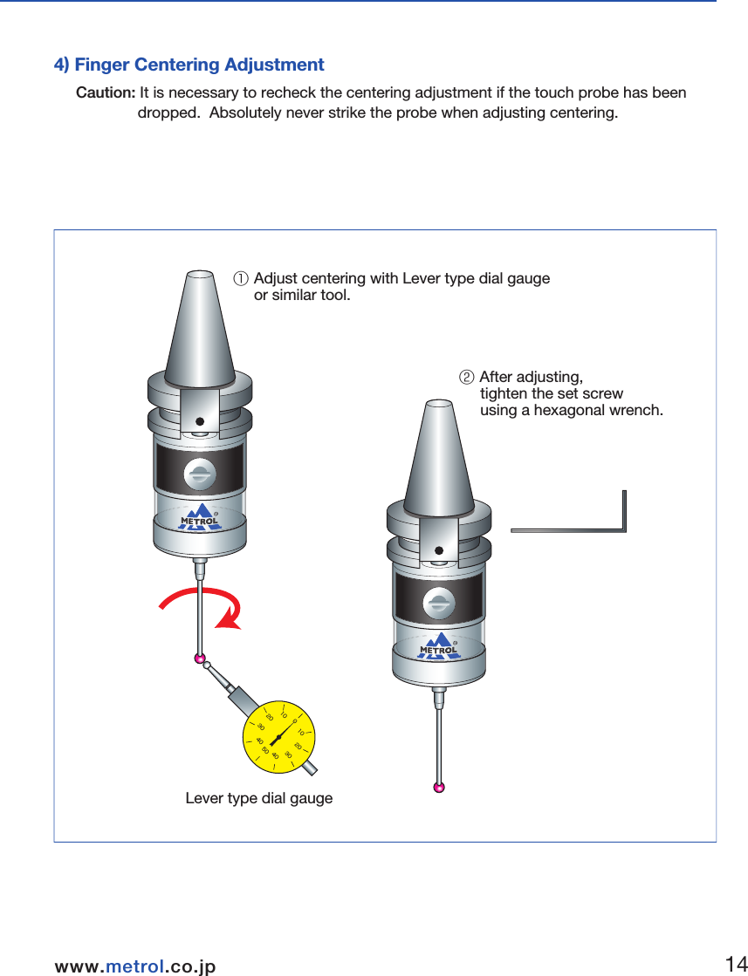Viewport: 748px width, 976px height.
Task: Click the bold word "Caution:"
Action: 106,93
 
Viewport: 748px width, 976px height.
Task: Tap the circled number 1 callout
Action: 239,279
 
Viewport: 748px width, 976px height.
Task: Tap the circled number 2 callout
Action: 466,378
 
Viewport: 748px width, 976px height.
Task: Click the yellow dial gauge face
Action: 278,736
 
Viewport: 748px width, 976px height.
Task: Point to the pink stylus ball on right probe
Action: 438,788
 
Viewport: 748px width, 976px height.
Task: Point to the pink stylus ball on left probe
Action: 200,658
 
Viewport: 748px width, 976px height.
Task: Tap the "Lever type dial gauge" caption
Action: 259,798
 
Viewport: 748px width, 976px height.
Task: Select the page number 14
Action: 735,964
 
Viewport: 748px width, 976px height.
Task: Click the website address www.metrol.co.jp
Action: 135,966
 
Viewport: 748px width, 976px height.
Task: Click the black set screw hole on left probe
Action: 199,421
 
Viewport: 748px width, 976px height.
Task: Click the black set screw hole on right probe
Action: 439,550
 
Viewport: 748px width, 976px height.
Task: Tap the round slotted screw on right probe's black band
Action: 439,603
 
